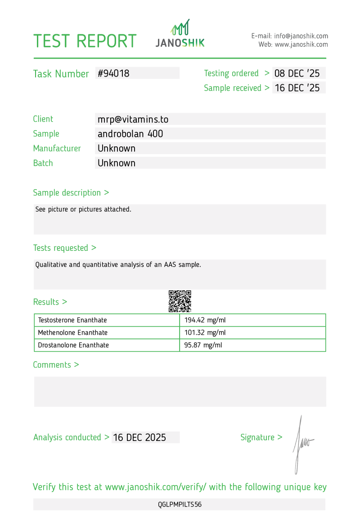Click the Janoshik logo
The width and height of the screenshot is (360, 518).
[180, 34]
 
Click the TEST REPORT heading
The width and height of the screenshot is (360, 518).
[85, 41]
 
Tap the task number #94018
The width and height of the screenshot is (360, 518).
[113, 73]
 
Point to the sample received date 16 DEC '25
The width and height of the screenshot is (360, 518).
[297, 88]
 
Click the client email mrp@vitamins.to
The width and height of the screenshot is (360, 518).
[133, 119]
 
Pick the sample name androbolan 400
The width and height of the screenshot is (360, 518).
[130, 134]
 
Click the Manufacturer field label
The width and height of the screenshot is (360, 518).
[57, 149]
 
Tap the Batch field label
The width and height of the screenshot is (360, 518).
[43, 163]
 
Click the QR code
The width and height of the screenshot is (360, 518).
[180, 301]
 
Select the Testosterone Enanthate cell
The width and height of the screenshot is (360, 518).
[72, 320]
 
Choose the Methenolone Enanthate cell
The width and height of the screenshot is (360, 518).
[72, 333]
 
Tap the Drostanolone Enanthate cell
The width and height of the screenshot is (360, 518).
[73, 345]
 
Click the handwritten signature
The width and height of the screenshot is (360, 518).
[301, 444]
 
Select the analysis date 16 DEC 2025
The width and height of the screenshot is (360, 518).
[139, 437]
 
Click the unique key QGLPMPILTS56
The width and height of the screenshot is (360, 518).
[180, 504]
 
